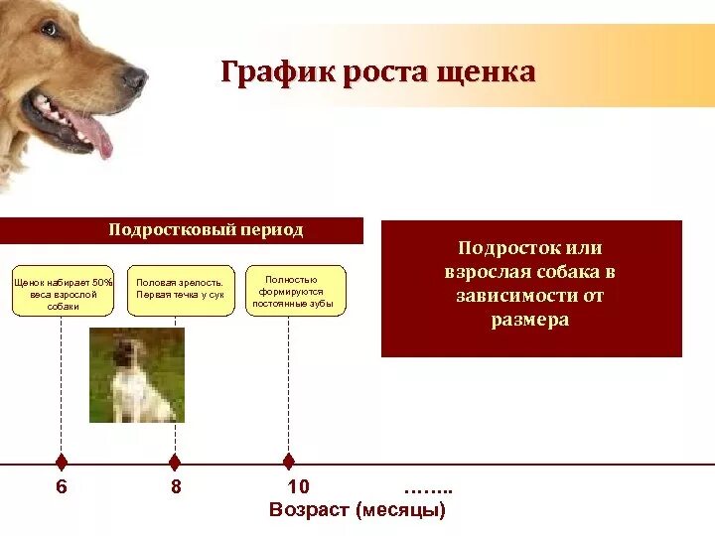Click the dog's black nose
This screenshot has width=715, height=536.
tap(135, 78)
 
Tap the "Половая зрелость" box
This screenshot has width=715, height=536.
tap(180, 290)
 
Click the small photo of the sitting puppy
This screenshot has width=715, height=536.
tap(136, 375)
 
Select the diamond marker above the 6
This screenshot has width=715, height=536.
tap(62, 462)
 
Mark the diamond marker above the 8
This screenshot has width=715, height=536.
tap(175, 462)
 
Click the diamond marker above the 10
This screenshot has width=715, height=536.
tap(289, 462)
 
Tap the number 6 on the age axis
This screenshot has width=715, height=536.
tap(62, 487)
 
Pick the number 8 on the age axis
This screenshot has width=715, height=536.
tap(176, 487)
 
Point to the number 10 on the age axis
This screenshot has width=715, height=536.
tap(298, 487)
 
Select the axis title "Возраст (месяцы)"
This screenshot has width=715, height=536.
tap(357, 510)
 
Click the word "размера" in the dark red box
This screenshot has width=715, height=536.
tap(530, 321)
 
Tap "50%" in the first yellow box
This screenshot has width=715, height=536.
tap(102, 283)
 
